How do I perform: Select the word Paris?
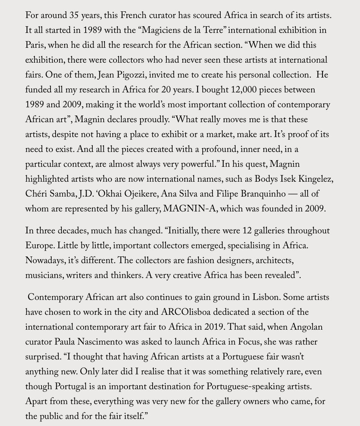tap(34, 45)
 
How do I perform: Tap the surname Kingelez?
tap(316, 179)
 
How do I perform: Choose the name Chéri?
tap(36, 194)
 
